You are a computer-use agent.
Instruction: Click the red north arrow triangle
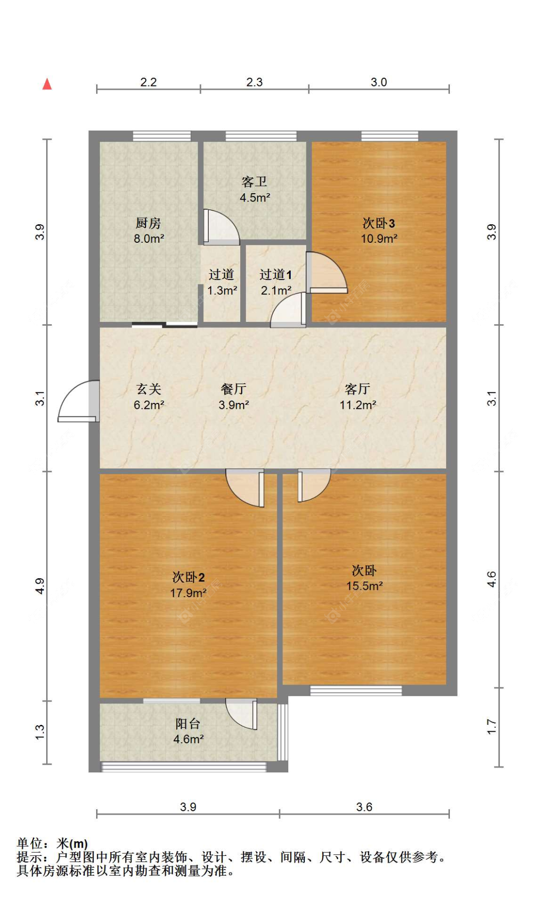tap(47, 84)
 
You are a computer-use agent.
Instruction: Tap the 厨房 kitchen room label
tap(149, 230)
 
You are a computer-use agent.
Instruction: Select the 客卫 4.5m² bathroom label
tap(254, 189)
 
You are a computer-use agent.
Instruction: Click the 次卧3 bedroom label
tap(379, 230)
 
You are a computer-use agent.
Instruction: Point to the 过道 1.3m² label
tap(222, 282)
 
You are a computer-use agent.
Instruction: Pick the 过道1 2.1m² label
tap(276, 282)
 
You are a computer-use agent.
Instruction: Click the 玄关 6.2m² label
tap(149, 396)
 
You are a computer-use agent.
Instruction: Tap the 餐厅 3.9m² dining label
tap(233, 396)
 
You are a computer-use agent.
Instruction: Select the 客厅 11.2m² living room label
tap(358, 396)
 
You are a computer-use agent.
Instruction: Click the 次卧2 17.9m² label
tap(188, 585)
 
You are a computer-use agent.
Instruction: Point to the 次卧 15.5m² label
tap(364, 578)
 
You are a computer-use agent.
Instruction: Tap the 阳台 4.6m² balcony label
tap(188, 731)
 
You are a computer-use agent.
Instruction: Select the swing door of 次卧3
tap(326, 273)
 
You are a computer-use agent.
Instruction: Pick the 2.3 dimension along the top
tap(254, 82)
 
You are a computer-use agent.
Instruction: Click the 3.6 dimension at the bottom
tap(364, 807)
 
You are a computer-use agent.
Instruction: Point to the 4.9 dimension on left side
tap(40, 586)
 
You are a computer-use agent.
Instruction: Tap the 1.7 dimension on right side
tap(492, 727)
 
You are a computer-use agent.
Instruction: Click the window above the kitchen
tap(162, 136)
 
